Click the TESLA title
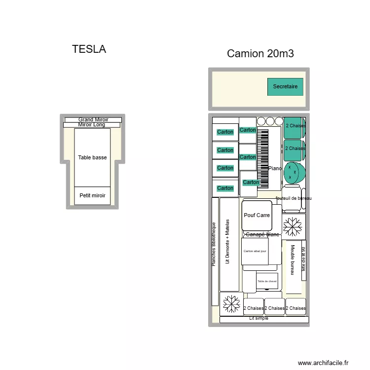pos(89,49)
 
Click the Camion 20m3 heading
pos(260,54)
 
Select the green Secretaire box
pos(285,87)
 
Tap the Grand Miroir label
pos(93,119)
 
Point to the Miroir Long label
pos(92,125)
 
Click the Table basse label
pos(92,158)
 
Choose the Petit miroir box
pos(92,195)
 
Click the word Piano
pos(275,169)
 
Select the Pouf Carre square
pos(257,215)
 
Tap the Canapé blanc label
pos(262,235)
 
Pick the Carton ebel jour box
pos(255,251)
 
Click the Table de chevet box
pos(267,281)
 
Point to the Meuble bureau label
pos(293,260)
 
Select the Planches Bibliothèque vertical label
pos(214,244)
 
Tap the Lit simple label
pos(259,319)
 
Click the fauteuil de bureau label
pos(294,198)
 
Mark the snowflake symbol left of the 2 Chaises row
pos(231,304)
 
